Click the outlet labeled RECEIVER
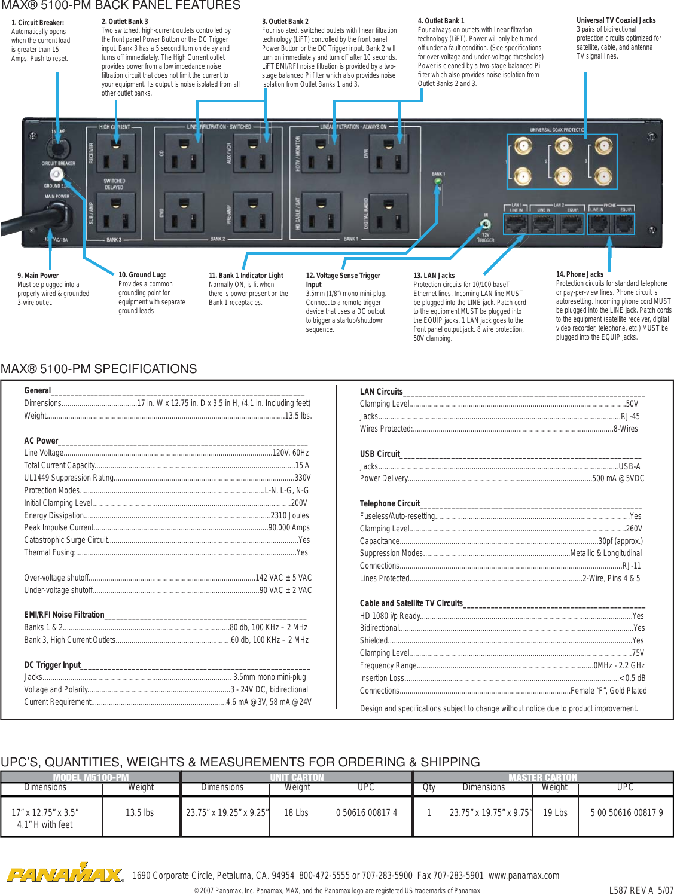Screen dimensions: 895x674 115,154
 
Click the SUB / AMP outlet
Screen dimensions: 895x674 115,213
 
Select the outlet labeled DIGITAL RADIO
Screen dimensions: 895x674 389,213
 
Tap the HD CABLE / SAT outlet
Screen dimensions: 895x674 321,213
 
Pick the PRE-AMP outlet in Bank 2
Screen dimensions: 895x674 252,213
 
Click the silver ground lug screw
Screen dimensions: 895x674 56,174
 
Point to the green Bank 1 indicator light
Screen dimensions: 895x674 438,180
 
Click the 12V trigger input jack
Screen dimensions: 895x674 486,225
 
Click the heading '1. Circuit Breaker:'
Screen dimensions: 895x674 38,23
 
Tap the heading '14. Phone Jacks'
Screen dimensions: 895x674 580,274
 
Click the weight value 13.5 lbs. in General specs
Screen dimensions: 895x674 298,416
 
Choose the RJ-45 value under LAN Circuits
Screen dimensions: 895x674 630,416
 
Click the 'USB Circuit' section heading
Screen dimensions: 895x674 380,454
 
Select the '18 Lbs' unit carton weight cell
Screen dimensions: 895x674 296,813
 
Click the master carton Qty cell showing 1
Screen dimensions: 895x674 429,813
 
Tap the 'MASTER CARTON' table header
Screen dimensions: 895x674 542,777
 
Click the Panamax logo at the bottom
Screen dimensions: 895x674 65,874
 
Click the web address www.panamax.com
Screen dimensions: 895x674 523,875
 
